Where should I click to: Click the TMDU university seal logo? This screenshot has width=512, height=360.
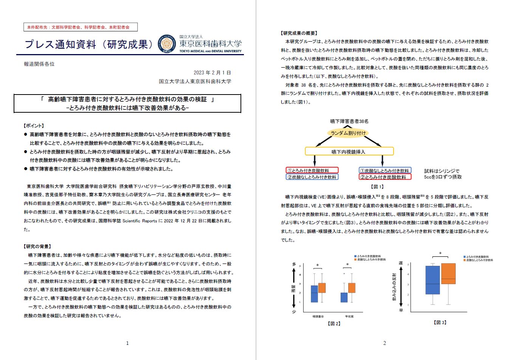(166, 45)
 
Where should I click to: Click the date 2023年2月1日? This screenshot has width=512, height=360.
(212, 73)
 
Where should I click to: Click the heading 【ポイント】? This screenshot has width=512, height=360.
(34, 126)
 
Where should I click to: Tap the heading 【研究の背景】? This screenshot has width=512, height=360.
(38, 247)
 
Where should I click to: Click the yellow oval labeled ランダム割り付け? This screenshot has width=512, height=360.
(348, 133)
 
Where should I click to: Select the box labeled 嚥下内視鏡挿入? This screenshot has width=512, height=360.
(349, 152)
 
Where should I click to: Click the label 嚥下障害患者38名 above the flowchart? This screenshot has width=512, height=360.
(349, 121)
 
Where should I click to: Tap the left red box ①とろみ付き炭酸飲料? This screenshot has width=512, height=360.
(312, 171)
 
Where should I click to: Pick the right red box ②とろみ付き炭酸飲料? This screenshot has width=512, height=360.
(385, 177)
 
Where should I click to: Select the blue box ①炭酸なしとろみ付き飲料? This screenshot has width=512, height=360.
(385, 171)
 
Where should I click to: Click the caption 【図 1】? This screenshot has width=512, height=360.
(377, 186)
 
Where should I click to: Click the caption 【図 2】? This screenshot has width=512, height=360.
(334, 324)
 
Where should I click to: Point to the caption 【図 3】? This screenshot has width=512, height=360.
(440, 323)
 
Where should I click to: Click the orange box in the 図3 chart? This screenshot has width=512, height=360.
(448, 273)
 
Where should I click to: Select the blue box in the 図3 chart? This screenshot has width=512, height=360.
(433, 280)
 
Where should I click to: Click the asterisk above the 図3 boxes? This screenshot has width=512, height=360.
(440, 254)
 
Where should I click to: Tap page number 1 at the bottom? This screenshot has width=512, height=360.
(127, 343)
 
